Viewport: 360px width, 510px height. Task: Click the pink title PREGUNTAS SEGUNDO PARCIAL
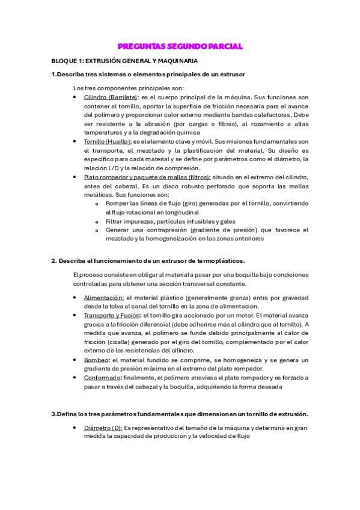point(180,47)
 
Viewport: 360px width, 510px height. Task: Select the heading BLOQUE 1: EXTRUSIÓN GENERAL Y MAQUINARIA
point(124,61)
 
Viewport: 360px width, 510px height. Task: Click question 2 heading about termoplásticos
point(148,260)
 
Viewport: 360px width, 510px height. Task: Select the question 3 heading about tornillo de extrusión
point(180,414)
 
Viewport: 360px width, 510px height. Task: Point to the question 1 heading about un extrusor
point(148,74)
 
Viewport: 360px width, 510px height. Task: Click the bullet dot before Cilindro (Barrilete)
point(74,97)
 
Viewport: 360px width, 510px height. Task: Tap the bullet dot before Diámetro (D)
point(74,428)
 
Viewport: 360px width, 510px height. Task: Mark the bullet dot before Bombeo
point(74,360)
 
